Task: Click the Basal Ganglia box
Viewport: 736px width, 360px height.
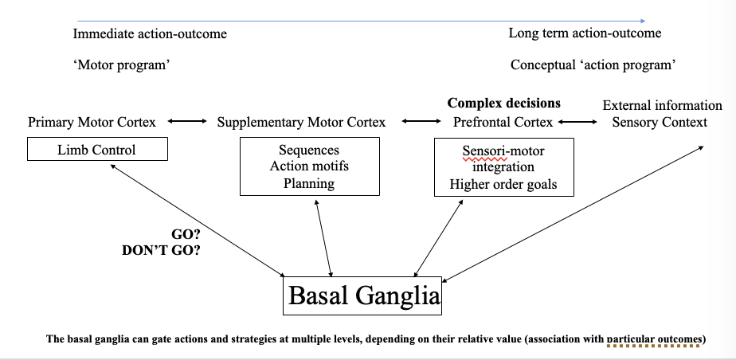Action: pyautogui.click(x=363, y=296)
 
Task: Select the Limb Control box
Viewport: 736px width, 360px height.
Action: pyautogui.click(x=96, y=150)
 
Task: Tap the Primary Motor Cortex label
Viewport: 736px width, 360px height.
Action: pyautogui.click(x=92, y=122)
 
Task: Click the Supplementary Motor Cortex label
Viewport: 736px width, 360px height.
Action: pyautogui.click(x=301, y=122)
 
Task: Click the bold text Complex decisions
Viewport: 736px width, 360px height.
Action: pyautogui.click(x=503, y=103)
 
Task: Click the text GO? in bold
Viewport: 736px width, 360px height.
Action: pyautogui.click(x=185, y=234)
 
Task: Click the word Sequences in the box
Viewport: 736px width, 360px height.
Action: pyautogui.click(x=309, y=150)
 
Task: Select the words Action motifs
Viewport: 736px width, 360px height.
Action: pyautogui.click(x=309, y=166)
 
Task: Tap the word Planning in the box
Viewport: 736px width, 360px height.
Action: pyautogui.click(x=309, y=183)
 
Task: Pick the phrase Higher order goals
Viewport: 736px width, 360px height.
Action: pyautogui.click(x=503, y=184)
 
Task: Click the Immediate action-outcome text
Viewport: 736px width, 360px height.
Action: pyautogui.click(x=150, y=33)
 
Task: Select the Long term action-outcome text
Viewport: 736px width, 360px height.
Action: pyautogui.click(x=585, y=33)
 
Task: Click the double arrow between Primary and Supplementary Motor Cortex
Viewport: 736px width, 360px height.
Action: pyautogui.click(x=186, y=122)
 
